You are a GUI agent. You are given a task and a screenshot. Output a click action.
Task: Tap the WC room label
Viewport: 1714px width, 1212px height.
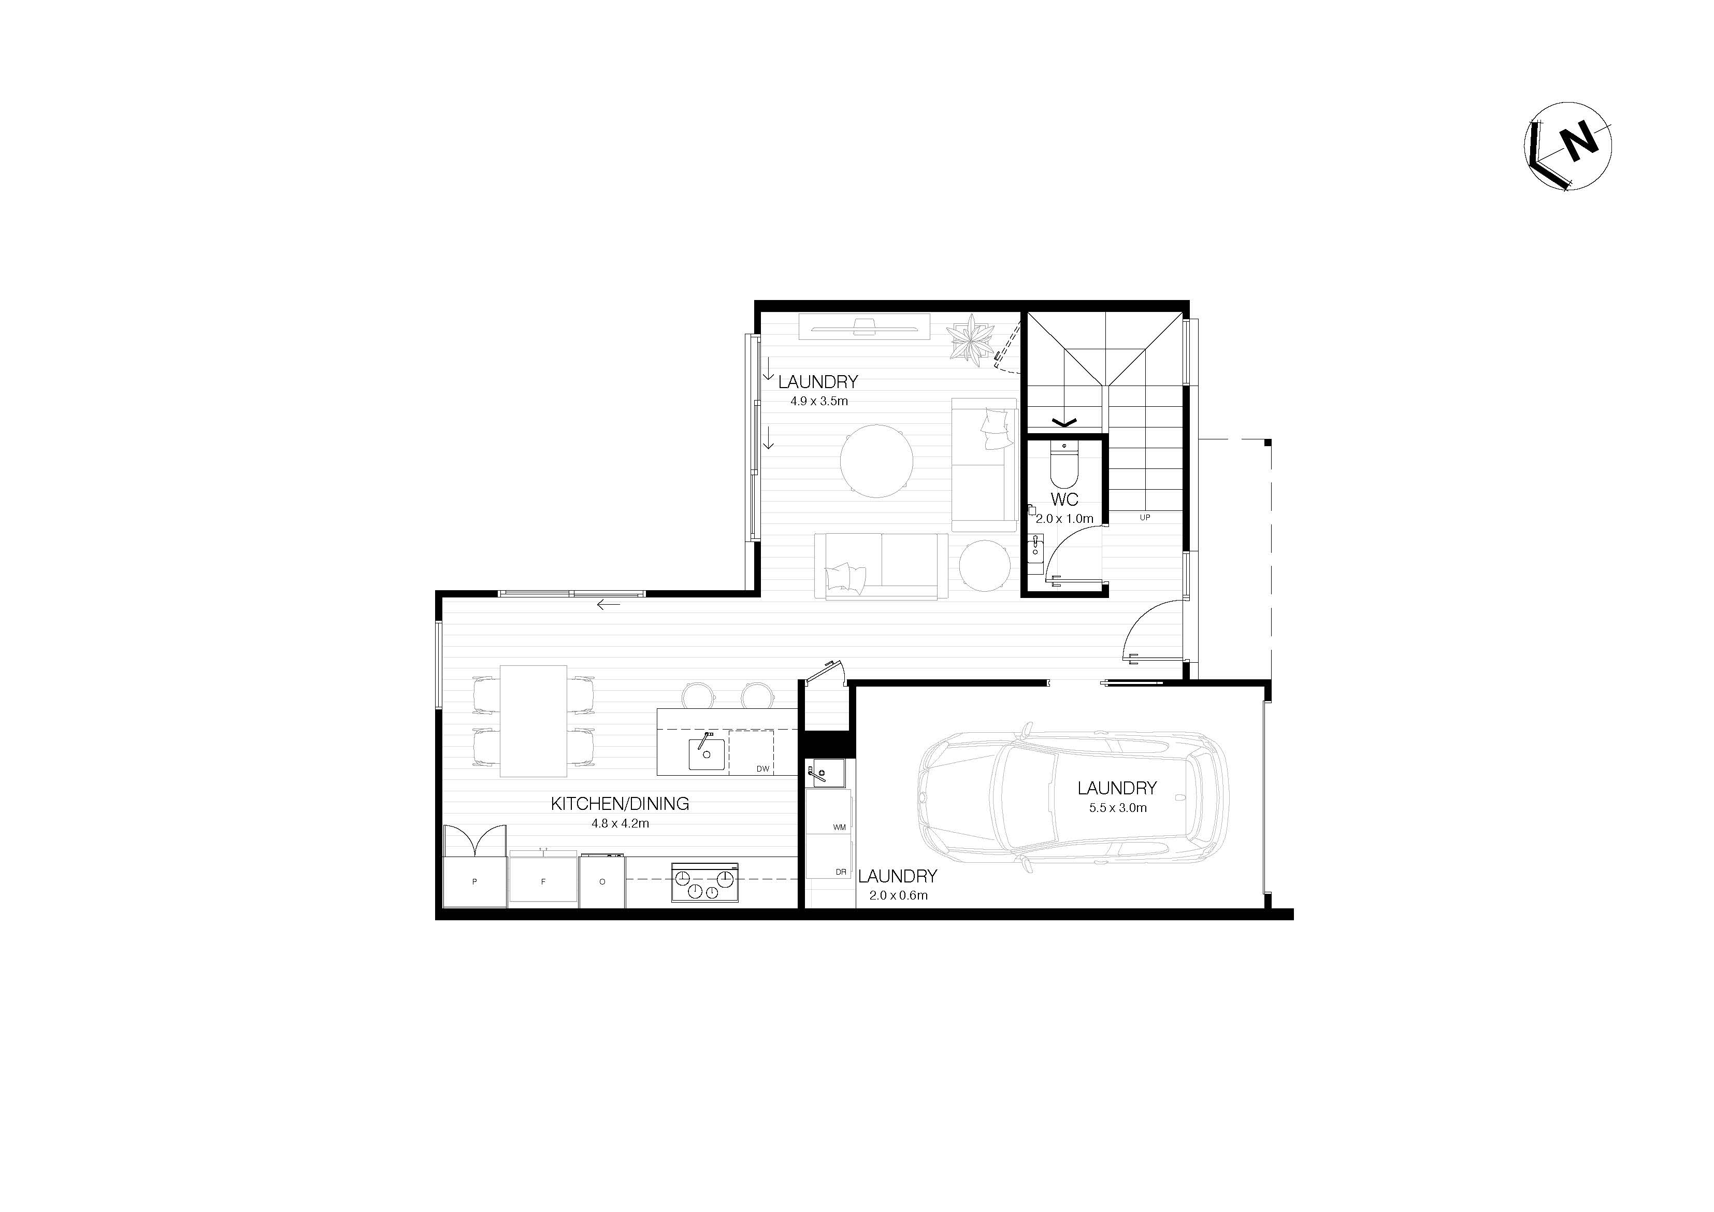click(x=1064, y=500)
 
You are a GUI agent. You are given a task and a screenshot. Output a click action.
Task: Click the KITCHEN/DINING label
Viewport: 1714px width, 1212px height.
click(x=620, y=804)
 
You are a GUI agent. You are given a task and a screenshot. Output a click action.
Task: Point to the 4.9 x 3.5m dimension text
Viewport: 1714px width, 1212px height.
click(x=819, y=401)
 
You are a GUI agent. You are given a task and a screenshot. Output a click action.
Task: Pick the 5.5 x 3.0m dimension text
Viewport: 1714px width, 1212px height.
click(x=1117, y=807)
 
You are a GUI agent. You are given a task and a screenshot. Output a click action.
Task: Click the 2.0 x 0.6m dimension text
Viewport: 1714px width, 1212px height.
click(x=898, y=895)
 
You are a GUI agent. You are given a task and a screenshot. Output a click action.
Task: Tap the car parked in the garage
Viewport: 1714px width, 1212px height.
click(x=1073, y=799)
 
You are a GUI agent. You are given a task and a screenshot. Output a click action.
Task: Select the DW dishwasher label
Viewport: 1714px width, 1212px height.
click(x=762, y=768)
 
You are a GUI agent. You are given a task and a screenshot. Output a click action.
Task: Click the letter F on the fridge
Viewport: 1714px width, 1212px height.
click(x=543, y=881)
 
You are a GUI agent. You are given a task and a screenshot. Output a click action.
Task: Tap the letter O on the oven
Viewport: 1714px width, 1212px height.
click(x=602, y=881)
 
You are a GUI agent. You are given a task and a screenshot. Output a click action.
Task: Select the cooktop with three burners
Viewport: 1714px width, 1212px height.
click(x=704, y=882)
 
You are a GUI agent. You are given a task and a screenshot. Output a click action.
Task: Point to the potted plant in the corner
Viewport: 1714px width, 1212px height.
click(x=971, y=340)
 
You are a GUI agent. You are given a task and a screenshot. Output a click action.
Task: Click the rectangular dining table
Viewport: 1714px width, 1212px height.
click(x=534, y=721)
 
